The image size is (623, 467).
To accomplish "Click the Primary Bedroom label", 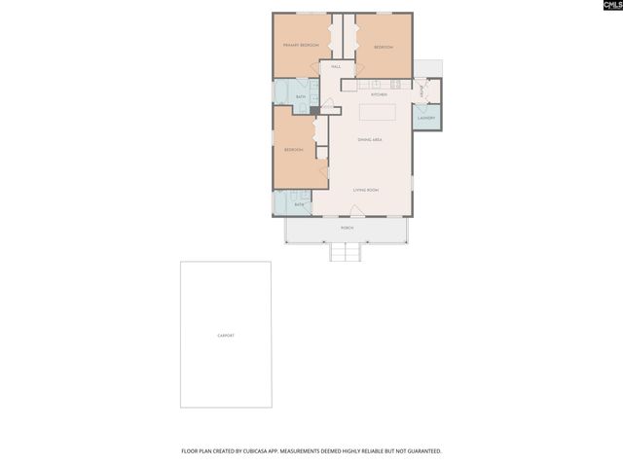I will [302, 46].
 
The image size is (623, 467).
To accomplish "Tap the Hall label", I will [336, 66].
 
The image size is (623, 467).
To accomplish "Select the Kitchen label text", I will [379, 94].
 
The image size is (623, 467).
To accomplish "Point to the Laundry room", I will [426, 119].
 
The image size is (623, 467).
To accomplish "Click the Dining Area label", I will [369, 140].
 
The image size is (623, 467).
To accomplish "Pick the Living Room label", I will [365, 190].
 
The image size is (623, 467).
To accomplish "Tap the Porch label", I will [347, 228].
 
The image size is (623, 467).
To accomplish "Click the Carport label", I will [226, 336].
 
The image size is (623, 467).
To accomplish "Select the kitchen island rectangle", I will [378, 111].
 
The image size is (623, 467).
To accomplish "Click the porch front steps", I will [346, 252].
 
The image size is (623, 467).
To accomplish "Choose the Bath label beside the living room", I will [299, 204].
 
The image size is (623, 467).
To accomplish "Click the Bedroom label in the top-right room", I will [384, 47].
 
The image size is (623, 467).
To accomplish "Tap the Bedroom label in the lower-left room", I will [293, 150].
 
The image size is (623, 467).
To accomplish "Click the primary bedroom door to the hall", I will [315, 65].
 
